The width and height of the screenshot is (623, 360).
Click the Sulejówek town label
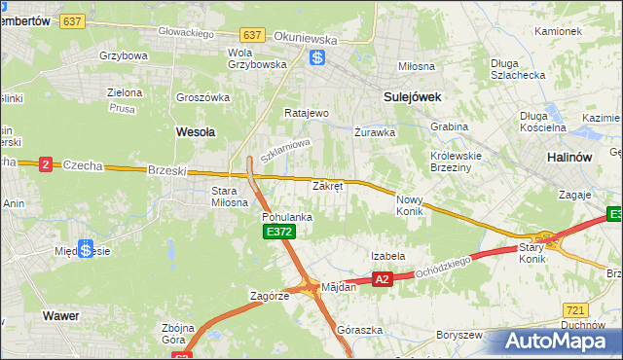(413, 96)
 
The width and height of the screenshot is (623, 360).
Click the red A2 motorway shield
(382, 279)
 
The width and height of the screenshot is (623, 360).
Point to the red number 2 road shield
(45, 164)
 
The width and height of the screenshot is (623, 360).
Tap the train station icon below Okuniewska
(317, 57)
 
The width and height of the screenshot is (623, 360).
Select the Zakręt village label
(327, 185)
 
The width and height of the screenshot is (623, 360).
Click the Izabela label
(387, 256)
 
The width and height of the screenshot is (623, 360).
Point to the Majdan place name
(339, 287)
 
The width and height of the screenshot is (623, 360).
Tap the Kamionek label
(558, 31)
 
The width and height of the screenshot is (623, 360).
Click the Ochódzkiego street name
(444, 267)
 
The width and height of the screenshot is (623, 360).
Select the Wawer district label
(60, 316)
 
